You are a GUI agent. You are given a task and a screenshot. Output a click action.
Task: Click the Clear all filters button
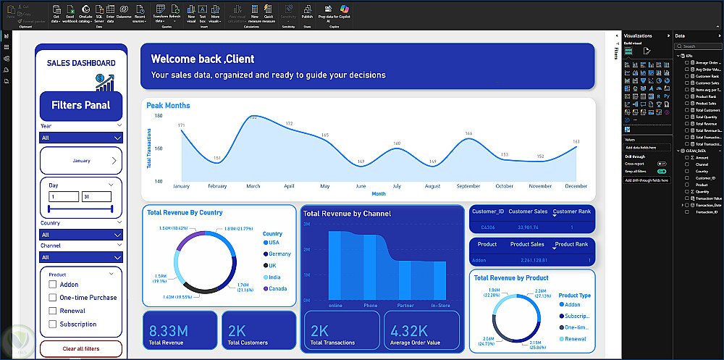[81, 348]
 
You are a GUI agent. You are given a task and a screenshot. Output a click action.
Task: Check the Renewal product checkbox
[52, 311]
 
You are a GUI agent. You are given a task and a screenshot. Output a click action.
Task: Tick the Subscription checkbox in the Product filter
[52, 324]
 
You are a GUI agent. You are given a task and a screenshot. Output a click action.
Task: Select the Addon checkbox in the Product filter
[52, 285]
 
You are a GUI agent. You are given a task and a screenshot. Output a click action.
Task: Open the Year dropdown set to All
[81, 138]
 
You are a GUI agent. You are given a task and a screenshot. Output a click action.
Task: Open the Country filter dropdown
[81, 235]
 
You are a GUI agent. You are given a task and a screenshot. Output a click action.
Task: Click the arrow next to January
[114, 161]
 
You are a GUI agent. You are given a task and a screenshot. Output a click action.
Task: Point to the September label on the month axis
[468, 186]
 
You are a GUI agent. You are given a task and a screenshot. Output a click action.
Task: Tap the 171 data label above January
[182, 125]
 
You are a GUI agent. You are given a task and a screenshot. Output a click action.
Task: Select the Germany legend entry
[279, 254]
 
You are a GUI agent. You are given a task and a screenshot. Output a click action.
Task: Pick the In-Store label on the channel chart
[440, 306]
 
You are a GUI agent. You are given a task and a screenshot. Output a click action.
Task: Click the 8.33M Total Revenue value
[168, 332]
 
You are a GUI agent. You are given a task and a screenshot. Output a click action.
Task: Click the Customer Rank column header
[571, 212]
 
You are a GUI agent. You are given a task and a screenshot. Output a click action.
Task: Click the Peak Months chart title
[168, 106]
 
